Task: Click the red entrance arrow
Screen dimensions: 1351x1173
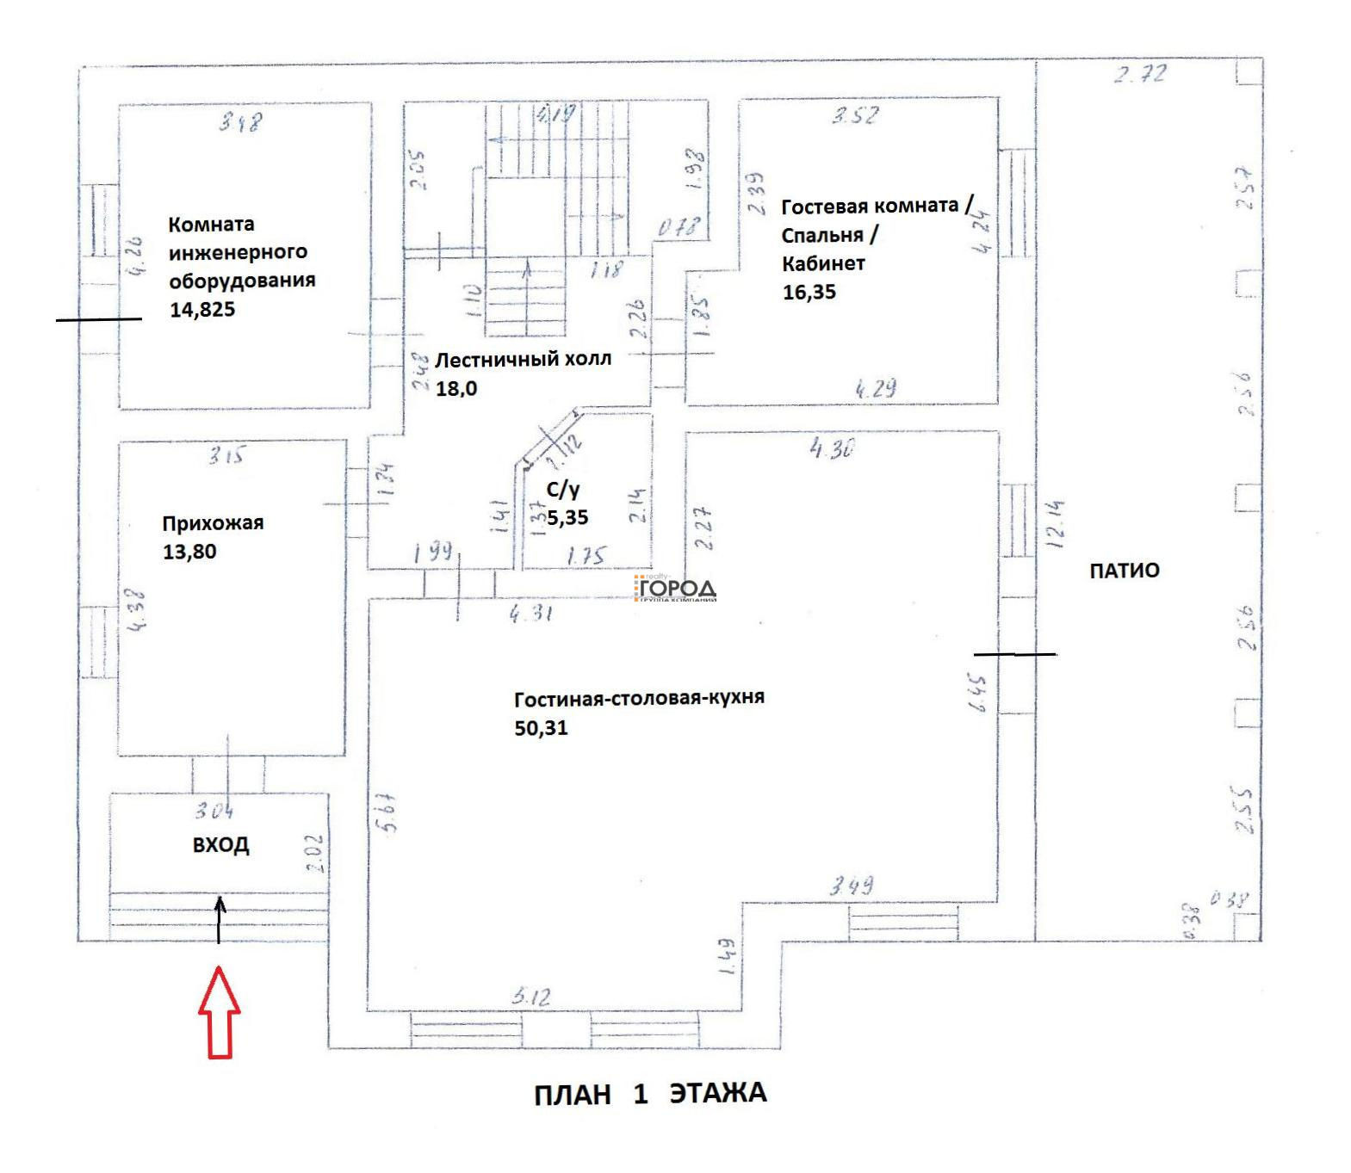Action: [x=220, y=1012]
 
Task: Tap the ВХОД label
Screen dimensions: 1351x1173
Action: [x=220, y=845]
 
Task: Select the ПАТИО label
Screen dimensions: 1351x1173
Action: [x=1125, y=571]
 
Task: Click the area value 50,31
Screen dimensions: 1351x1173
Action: [x=541, y=728]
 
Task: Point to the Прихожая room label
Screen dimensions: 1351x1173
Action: [x=213, y=523]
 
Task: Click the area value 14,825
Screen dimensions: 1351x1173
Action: [x=202, y=310]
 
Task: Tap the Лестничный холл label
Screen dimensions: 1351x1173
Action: [x=523, y=359]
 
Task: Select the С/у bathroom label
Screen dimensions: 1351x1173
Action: [x=563, y=490]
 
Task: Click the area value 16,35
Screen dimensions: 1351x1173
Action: [x=809, y=292]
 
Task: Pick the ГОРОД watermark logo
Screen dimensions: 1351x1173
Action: [x=676, y=589]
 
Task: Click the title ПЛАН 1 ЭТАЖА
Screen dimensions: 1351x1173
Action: [x=650, y=1094]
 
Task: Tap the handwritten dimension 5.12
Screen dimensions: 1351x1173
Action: [x=531, y=997]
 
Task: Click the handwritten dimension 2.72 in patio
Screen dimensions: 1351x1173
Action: [x=1140, y=73]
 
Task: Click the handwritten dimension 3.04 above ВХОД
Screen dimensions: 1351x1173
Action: [x=214, y=810]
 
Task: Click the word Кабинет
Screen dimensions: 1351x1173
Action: [x=823, y=263]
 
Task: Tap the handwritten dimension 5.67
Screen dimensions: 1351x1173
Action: [x=385, y=813]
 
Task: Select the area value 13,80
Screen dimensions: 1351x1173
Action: [x=189, y=552]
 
